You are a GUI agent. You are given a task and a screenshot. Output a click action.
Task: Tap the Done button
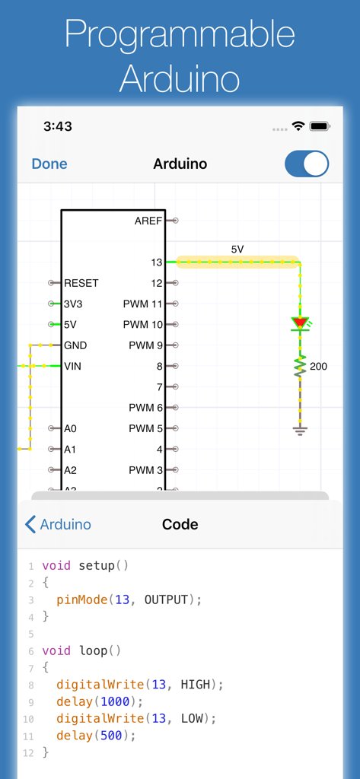click(49, 164)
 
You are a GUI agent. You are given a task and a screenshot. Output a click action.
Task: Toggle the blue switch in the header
click(306, 164)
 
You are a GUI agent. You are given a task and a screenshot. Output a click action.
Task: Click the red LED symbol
click(300, 323)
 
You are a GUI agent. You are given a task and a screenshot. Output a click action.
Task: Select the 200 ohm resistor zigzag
click(300, 367)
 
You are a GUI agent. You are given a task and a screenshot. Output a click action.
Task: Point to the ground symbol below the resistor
click(300, 431)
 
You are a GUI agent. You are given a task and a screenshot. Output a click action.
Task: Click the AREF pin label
click(148, 221)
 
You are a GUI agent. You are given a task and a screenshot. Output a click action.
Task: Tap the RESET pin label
click(81, 283)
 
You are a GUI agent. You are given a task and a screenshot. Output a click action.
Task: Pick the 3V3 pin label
click(75, 304)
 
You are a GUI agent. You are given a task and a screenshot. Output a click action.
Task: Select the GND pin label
click(75, 345)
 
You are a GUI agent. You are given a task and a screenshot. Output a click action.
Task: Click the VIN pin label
click(72, 366)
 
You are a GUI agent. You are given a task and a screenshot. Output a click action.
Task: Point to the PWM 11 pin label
click(143, 304)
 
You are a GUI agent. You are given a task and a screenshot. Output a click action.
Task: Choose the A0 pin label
click(70, 428)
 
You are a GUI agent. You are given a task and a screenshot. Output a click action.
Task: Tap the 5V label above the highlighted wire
click(237, 249)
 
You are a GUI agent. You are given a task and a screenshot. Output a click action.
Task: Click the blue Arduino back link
click(59, 524)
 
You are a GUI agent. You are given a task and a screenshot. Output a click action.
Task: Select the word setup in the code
click(97, 566)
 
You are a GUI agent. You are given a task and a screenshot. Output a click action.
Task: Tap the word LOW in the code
click(192, 718)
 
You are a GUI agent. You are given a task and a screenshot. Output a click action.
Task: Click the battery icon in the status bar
click(320, 126)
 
